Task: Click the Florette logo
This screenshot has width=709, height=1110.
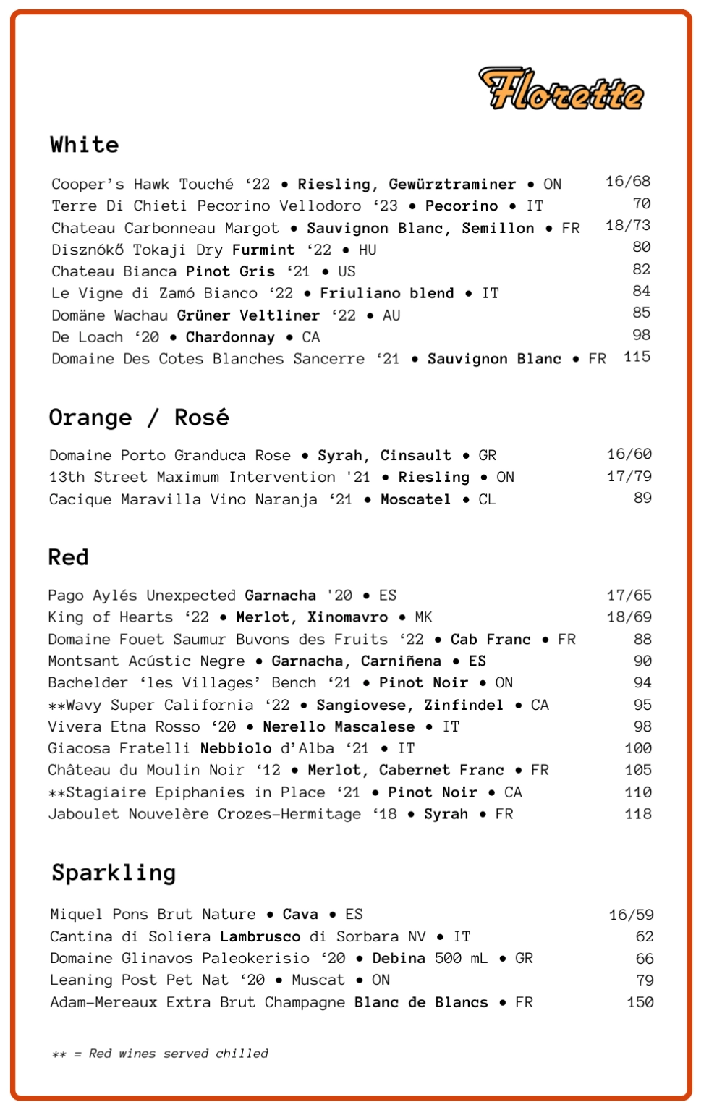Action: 561,90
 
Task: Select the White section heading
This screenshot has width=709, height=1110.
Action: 84,145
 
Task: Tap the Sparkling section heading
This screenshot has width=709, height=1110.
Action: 114,873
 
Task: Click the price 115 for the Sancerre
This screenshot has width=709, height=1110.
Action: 637,357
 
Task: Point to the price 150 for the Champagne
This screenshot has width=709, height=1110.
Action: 640,1002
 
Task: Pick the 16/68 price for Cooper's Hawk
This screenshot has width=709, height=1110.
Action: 627,182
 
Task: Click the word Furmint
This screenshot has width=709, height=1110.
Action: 263,250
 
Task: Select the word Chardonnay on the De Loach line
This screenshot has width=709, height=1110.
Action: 230,337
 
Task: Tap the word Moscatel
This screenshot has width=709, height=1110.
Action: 415,499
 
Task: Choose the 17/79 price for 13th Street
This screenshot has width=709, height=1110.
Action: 629,477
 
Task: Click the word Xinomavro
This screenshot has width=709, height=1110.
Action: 347,617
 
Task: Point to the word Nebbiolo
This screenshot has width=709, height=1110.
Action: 236,748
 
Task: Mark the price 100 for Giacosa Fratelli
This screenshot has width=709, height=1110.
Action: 638,748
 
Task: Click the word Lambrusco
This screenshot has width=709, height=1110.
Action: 260,936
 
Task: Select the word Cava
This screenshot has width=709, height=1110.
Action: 300,915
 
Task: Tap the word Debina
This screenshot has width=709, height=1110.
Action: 399,958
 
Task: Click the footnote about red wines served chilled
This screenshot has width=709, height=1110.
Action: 160,1054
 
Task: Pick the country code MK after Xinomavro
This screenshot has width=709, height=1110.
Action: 423,617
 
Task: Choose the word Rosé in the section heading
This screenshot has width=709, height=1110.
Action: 201,418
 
